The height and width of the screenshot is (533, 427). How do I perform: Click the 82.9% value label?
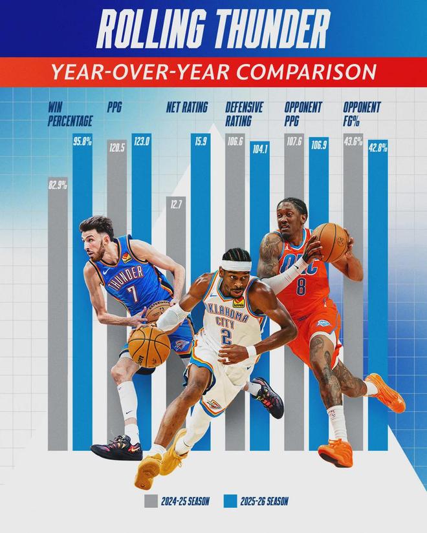(x=58, y=185)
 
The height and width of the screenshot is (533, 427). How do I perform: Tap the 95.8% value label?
(x=82, y=141)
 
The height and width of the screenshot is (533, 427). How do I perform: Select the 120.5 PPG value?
(x=116, y=147)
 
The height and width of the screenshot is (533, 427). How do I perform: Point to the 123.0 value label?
(x=141, y=141)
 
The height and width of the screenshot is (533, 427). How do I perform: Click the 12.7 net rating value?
(x=175, y=205)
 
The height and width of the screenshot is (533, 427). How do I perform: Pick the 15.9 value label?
(x=200, y=141)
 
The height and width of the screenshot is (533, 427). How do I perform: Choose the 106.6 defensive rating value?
(x=235, y=141)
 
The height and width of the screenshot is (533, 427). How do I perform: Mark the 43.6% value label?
(x=353, y=141)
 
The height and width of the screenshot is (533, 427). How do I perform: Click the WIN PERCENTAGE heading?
(x=70, y=114)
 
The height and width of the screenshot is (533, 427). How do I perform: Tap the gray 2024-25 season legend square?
(x=151, y=500)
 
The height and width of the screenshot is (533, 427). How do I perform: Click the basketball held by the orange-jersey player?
(x=331, y=242)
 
